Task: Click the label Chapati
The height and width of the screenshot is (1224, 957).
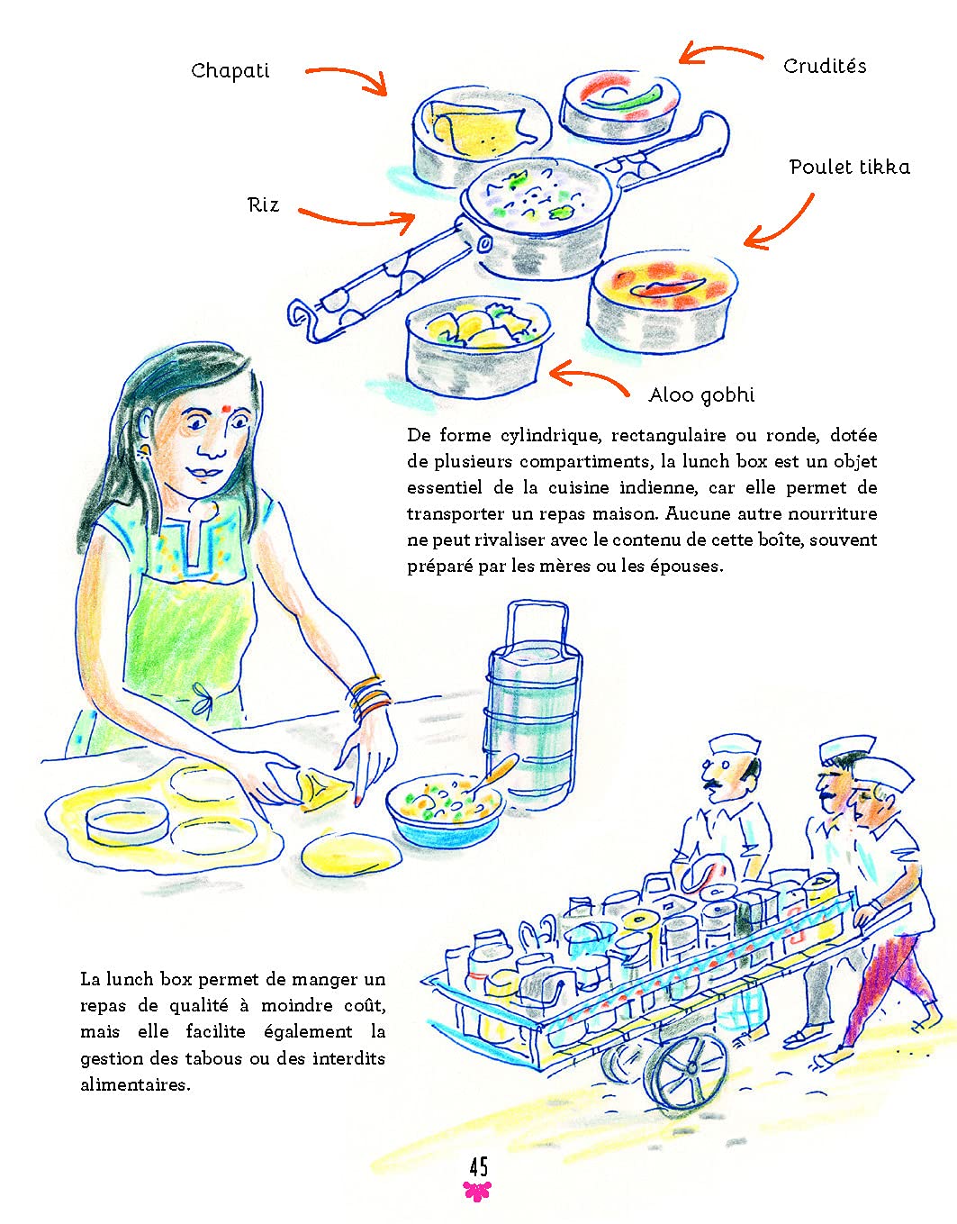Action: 230,71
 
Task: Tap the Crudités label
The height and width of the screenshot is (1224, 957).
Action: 825,66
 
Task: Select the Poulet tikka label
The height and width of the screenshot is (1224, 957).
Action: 850,167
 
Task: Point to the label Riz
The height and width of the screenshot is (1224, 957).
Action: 264,204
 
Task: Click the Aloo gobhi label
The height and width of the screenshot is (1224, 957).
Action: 701,395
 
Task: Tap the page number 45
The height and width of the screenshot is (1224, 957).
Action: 479,1167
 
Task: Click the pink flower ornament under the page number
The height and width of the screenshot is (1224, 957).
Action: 477,1192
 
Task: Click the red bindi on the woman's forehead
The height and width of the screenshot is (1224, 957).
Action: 226,408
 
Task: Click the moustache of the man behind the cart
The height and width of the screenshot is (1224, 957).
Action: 709,784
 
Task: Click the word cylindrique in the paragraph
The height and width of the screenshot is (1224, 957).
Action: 549,436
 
